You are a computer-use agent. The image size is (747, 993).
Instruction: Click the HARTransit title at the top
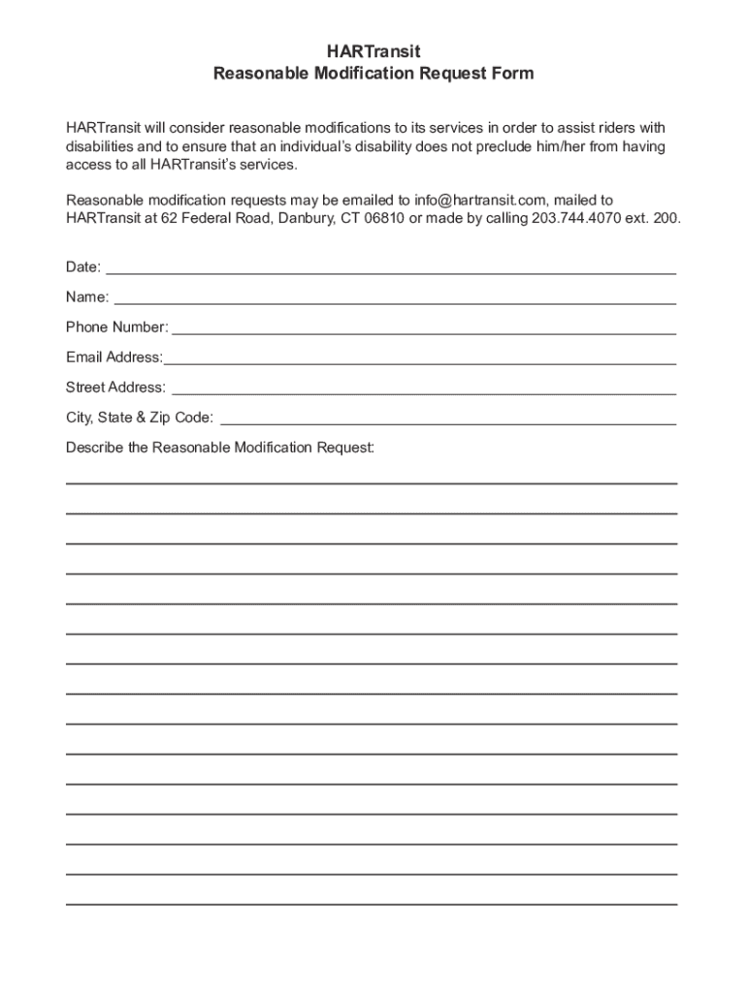pos(373,51)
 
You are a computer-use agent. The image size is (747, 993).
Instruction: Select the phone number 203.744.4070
pos(577,218)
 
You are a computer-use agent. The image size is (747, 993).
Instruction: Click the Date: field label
pos(83,267)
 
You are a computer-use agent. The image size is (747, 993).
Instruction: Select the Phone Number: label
pos(116,327)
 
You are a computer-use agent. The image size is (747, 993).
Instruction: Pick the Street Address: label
pos(115,387)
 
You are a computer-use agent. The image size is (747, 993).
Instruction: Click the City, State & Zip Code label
pos(140,418)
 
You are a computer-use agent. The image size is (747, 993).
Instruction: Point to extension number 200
pos(666,218)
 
